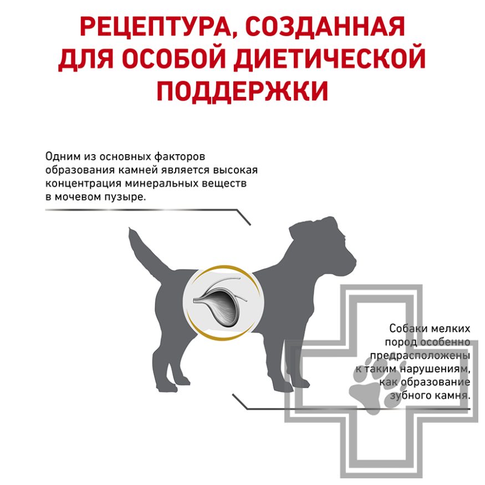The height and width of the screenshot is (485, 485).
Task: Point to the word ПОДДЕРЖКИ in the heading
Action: (242, 90)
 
